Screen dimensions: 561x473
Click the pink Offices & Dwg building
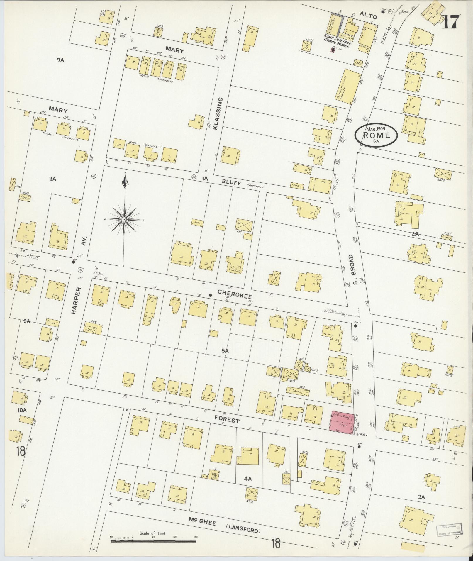[x=342, y=423]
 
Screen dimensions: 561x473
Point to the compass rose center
[x=124, y=219]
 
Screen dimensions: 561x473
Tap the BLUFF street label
[x=232, y=183]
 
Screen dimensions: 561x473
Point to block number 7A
[x=60, y=60]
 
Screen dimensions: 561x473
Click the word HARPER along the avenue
[x=75, y=301]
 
